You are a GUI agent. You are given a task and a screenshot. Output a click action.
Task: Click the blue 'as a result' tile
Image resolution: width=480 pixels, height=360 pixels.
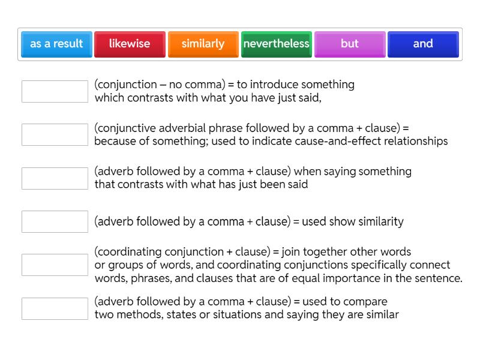(x=56, y=44)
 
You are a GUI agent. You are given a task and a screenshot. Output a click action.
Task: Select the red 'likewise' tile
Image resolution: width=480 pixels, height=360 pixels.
(x=130, y=44)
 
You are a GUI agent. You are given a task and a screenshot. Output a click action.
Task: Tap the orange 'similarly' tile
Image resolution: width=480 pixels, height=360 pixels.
(x=203, y=44)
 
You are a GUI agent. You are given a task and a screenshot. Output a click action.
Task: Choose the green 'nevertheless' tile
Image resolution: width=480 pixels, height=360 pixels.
(x=277, y=44)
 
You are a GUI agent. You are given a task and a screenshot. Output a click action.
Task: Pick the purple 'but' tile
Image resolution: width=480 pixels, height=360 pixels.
(x=350, y=44)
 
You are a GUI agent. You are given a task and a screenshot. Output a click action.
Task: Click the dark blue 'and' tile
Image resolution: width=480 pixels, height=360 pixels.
(x=423, y=44)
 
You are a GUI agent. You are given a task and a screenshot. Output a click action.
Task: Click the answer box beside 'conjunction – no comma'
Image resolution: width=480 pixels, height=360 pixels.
(x=55, y=91)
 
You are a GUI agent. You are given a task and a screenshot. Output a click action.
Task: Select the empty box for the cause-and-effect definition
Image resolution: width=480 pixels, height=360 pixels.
(x=55, y=134)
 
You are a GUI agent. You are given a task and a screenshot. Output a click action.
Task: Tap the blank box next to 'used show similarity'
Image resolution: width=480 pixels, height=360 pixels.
(x=55, y=221)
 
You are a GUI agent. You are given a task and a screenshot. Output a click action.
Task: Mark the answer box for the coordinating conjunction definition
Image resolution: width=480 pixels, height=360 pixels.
(x=55, y=265)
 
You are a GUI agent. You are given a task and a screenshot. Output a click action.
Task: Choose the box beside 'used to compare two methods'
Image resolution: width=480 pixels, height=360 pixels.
(x=55, y=308)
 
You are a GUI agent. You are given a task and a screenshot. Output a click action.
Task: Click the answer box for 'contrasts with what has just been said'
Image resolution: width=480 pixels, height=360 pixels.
(x=55, y=178)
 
